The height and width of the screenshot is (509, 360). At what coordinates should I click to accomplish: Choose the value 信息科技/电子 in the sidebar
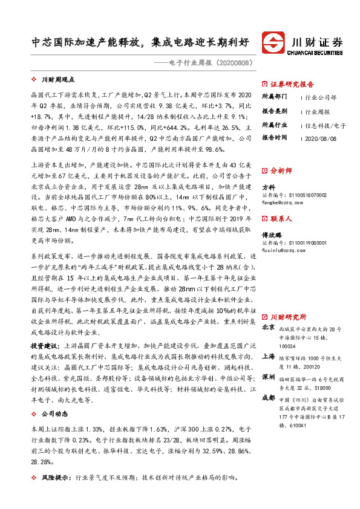click(x=326, y=126)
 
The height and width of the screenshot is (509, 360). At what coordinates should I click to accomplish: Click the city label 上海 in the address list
click(x=268, y=357)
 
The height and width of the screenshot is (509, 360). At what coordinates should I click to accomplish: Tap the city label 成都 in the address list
click(x=268, y=399)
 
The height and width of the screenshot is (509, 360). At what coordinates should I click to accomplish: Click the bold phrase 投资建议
click(x=45, y=345)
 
